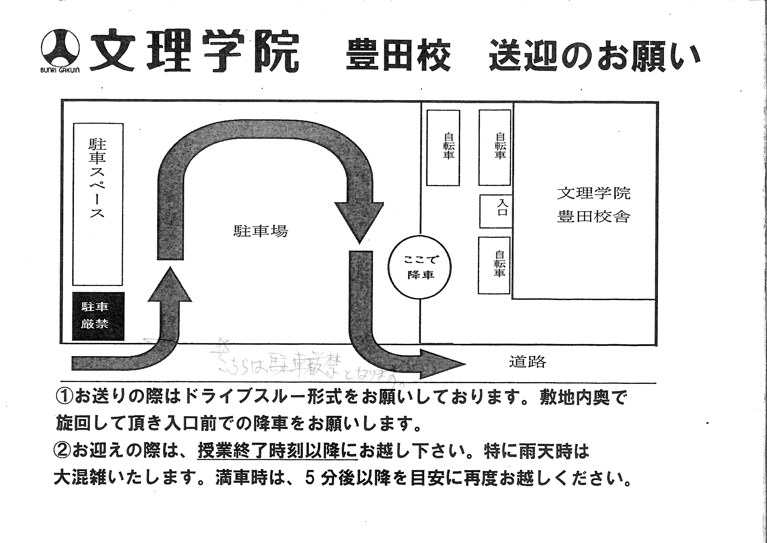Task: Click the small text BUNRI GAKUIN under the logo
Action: (x=60, y=70)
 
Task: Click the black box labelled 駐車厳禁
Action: (x=98, y=316)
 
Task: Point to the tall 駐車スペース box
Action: (x=98, y=204)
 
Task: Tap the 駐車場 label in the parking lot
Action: (x=260, y=231)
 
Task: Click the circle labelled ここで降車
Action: (x=420, y=267)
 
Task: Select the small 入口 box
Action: (x=496, y=211)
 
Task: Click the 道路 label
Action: (x=527, y=362)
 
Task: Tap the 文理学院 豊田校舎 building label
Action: (x=593, y=205)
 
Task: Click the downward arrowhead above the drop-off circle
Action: (x=359, y=222)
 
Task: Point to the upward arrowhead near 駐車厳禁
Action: (x=170, y=286)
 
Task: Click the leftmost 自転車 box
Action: (x=443, y=147)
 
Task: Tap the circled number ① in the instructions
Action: (x=65, y=397)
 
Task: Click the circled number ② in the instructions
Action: (x=63, y=451)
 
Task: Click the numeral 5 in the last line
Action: (x=310, y=479)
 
